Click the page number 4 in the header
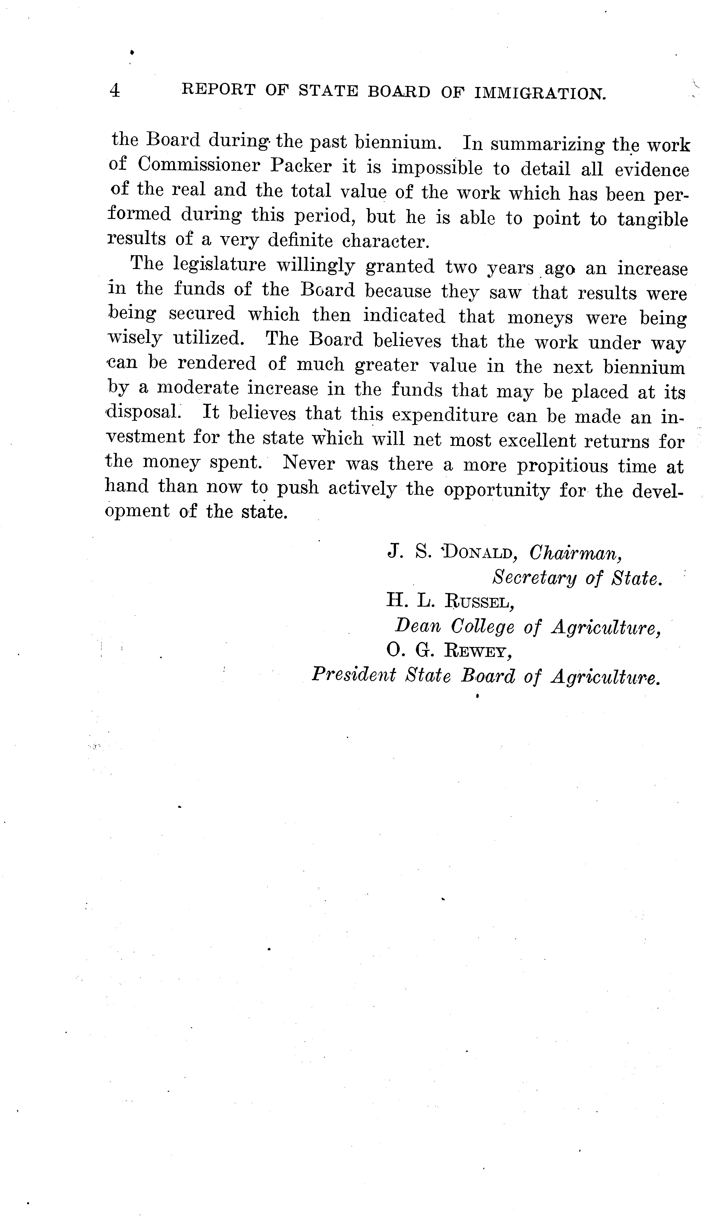point(115,91)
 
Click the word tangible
point(652,219)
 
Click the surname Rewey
point(478,651)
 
